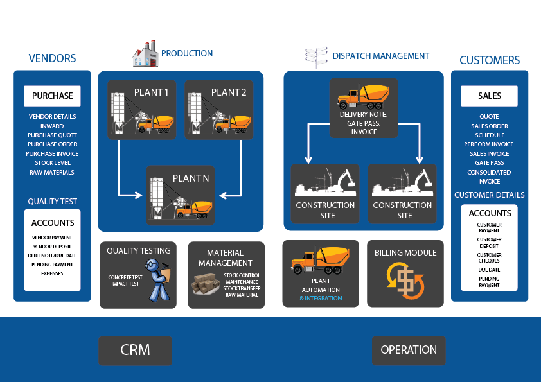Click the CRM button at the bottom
click(135, 351)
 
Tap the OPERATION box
click(409, 351)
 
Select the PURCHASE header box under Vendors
click(52, 96)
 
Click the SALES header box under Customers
click(489, 96)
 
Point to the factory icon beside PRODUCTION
click(145, 55)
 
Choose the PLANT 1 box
click(141, 109)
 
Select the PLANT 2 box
click(218, 109)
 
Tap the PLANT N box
click(181, 195)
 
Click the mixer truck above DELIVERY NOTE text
click(363, 96)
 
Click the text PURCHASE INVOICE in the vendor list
click(52, 154)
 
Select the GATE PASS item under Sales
click(489, 163)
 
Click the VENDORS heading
click(52, 58)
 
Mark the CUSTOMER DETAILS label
click(490, 195)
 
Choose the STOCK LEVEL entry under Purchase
click(52, 163)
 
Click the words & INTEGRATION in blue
click(321, 299)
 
